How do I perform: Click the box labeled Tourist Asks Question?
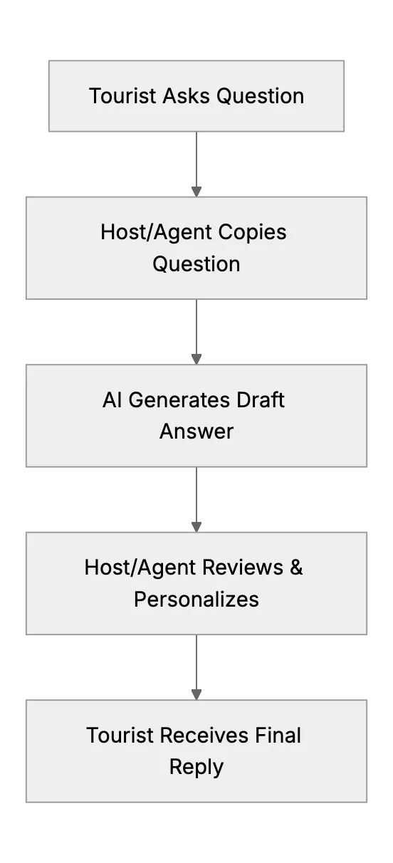point(197,96)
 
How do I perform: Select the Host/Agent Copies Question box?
point(197,248)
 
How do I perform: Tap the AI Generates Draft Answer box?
point(197,416)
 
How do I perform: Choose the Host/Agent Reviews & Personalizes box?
point(197,583)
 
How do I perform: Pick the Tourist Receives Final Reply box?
point(197,751)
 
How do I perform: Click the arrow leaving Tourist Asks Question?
point(197,164)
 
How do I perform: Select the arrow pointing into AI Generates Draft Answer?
point(197,332)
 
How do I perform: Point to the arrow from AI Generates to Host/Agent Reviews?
point(197,500)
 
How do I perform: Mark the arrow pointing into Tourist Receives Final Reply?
point(197,667)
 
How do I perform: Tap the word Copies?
point(252,233)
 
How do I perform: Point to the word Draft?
point(261,400)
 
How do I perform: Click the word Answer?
point(197,431)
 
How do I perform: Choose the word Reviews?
point(243,568)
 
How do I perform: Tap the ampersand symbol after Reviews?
point(296,568)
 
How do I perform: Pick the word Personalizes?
point(197,600)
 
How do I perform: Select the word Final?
point(278,736)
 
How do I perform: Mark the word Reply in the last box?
point(197,768)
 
